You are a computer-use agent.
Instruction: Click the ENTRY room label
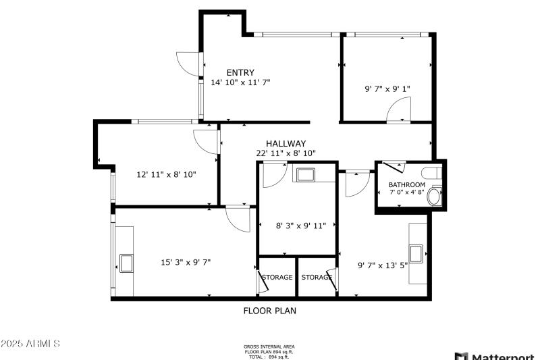pyautogui.click(x=240, y=73)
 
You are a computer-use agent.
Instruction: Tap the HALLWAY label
pyautogui.click(x=286, y=144)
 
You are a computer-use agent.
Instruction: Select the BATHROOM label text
pyautogui.click(x=406, y=185)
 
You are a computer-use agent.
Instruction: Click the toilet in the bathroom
pyautogui.click(x=435, y=197)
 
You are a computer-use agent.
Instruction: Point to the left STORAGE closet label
pyautogui.click(x=277, y=278)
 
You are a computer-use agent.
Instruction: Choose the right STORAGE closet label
pyautogui.click(x=317, y=278)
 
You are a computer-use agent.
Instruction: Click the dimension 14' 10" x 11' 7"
pyautogui.click(x=240, y=82)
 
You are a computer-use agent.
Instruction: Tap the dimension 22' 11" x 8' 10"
pyautogui.click(x=286, y=153)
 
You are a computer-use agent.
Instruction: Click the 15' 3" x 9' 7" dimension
pyautogui.click(x=186, y=262)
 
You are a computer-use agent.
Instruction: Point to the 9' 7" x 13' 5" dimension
pyautogui.click(x=383, y=265)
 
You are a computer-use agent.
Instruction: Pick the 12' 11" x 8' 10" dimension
pyautogui.click(x=166, y=174)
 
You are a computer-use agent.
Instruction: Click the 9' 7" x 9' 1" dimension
pyautogui.click(x=387, y=88)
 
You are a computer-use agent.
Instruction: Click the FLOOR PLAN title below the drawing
pyautogui.click(x=269, y=311)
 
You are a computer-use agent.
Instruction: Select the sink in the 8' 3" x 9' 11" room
pyautogui.click(x=305, y=176)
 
